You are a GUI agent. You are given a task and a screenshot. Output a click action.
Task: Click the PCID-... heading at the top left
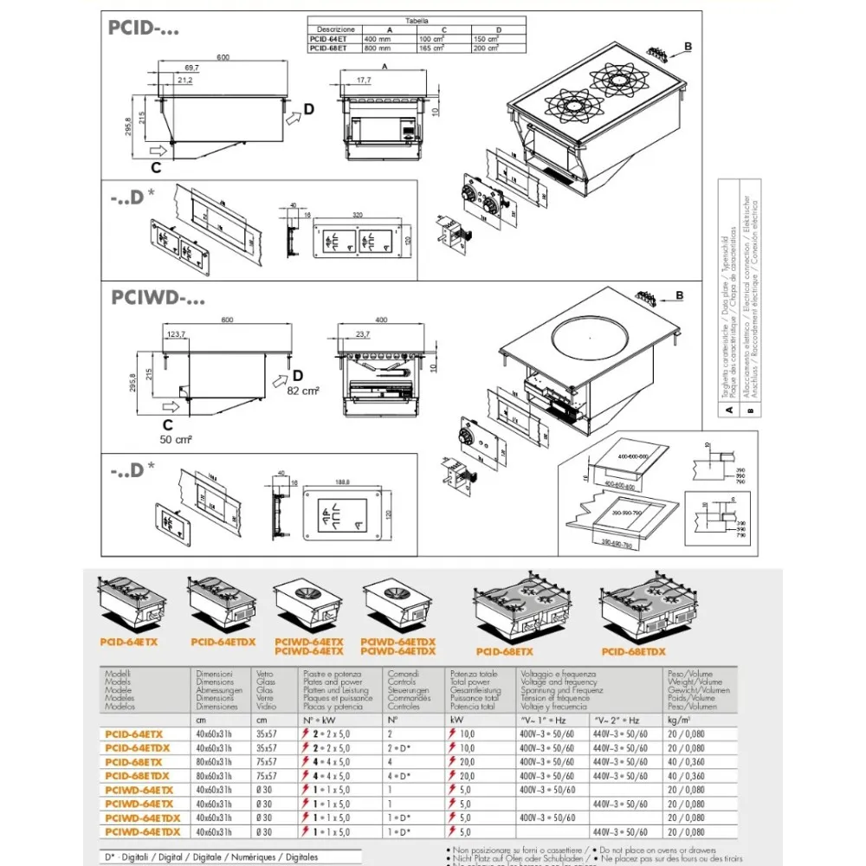click(x=143, y=28)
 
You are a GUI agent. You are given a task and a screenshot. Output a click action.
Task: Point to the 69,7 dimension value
click(x=191, y=68)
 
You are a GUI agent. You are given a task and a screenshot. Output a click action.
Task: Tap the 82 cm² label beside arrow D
click(x=304, y=391)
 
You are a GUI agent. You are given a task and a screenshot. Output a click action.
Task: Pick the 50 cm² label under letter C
click(x=176, y=440)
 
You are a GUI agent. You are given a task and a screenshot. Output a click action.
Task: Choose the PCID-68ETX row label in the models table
click(x=133, y=762)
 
